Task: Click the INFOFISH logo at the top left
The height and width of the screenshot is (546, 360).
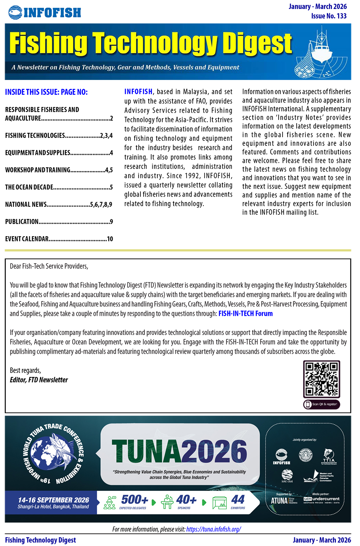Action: (45, 13)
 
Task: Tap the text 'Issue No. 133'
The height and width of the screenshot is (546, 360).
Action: (329, 16)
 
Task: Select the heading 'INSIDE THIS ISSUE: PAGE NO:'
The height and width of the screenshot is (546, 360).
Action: (46, 92)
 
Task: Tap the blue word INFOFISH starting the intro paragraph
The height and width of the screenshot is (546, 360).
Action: (139, 91)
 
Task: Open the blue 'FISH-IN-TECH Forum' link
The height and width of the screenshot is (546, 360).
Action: (246, 313)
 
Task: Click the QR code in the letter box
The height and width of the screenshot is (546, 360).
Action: (321, 379)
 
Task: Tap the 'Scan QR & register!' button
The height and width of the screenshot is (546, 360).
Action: (321, 404)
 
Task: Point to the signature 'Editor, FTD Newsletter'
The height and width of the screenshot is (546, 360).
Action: (39, 380)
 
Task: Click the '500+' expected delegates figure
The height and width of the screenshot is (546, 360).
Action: (134, 500)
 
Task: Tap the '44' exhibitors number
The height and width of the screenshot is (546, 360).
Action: (238, 500)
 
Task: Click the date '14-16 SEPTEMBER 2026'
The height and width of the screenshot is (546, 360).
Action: (54, 500)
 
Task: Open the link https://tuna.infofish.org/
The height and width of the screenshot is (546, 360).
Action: (213, 529)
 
